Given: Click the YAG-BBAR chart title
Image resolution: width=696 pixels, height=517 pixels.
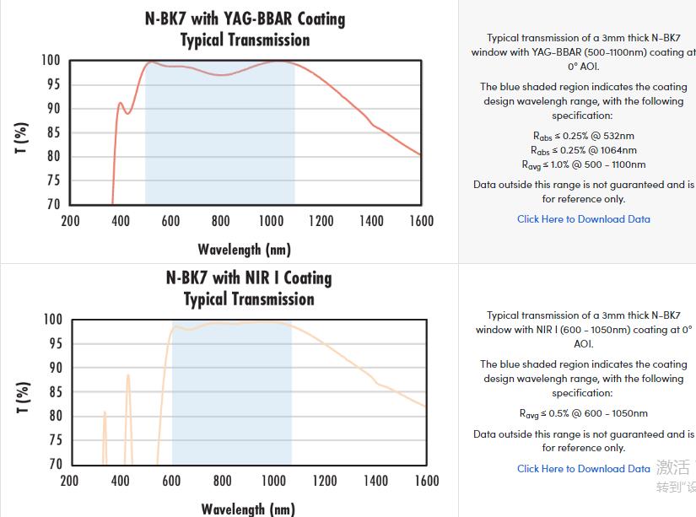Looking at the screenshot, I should [x=245, y=29].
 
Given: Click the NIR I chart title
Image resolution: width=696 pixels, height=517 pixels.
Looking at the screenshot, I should [x=249, y=288].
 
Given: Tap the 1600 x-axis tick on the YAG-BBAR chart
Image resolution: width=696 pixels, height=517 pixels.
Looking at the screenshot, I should [x=421, y=221].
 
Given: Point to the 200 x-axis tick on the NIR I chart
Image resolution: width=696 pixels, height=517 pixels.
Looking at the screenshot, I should [x=69, y=481].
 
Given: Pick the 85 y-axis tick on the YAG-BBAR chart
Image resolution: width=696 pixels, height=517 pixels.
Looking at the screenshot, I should [x=53, y=132].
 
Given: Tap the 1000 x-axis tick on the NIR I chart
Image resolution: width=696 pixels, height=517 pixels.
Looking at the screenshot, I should [x=273, y=481].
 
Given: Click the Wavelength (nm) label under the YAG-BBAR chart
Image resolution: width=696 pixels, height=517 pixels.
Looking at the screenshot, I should [x=244, y=249].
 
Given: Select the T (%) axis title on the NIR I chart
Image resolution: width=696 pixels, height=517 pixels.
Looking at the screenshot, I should [x=23, y=397].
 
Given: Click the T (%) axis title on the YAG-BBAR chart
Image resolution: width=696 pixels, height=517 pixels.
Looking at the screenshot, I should [x=23, y=137].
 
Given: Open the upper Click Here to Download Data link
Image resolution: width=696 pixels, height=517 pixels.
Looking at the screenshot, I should [x=583, y=219].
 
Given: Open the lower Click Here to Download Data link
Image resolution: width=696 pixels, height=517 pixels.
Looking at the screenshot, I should [x=583, y=469].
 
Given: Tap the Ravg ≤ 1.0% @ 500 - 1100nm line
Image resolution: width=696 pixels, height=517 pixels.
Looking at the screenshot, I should [x=583, y=165].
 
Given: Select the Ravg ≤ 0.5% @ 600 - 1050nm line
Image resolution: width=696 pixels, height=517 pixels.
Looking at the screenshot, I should [x=583, y=414].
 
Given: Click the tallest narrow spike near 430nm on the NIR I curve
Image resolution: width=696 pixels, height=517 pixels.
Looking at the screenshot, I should [x=128, y=376].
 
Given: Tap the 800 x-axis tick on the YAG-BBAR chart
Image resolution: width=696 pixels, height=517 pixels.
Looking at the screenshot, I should [x=221, y=221].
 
